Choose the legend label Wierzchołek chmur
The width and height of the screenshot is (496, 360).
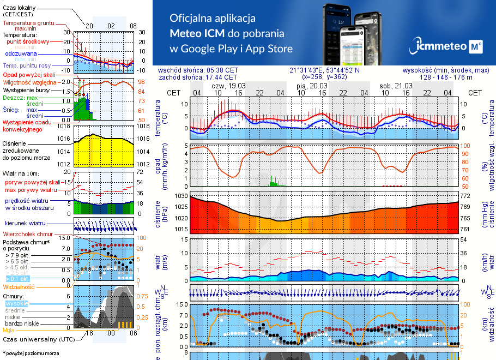click(28, 234)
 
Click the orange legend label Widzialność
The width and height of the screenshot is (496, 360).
click(19, 286)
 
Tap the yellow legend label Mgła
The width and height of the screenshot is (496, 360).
click(9, 330)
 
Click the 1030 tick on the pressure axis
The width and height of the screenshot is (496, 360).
click(180, 195)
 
